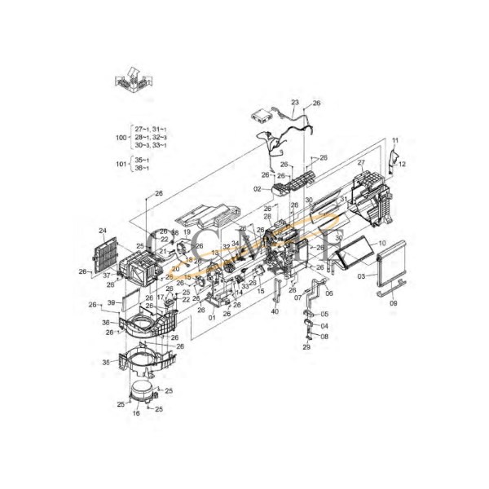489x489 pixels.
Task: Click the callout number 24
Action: [103, 231]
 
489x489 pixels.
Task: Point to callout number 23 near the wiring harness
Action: [294, 102]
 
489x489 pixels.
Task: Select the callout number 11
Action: [395, 141]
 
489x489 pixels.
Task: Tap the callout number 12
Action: [402, 164]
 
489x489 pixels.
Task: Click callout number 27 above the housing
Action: [359, 163]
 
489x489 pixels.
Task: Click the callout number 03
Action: [362, 277]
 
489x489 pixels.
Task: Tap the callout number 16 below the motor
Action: [136, 414]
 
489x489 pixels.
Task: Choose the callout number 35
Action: [104, 362]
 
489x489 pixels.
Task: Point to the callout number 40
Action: [275, 311]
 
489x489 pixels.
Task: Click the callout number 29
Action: [306, 347]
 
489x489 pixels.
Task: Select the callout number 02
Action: [256, 189]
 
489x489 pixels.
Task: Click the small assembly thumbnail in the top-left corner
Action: [133, 84]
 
